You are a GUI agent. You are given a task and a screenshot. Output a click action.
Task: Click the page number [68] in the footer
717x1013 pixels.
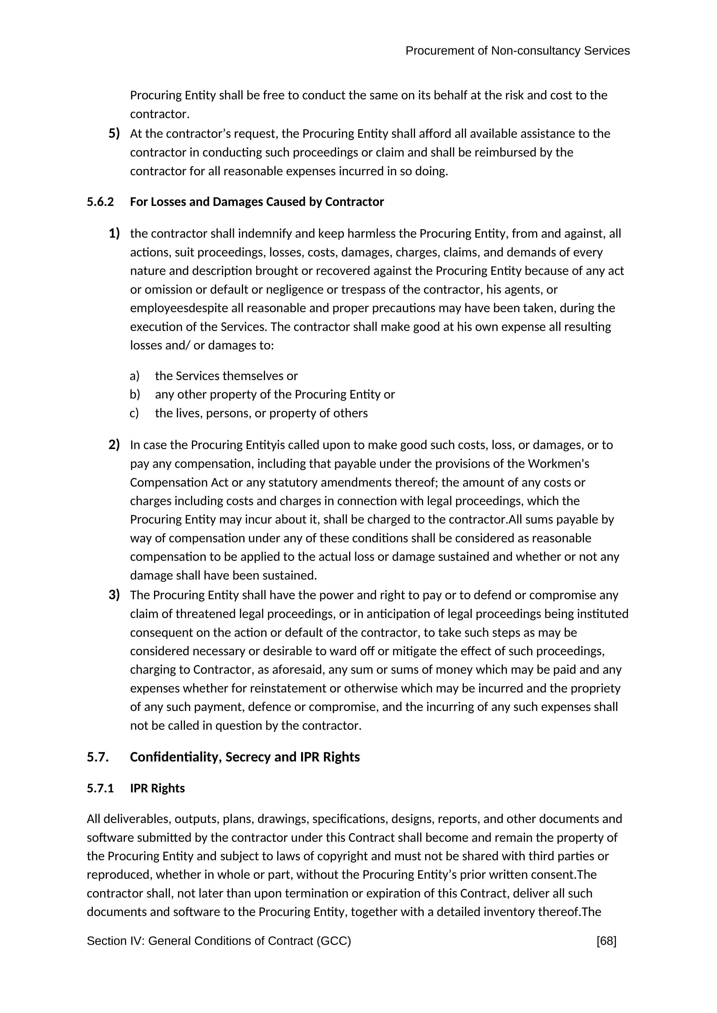coord(606,941)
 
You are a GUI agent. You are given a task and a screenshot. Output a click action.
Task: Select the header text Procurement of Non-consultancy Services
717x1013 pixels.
coord(517,51)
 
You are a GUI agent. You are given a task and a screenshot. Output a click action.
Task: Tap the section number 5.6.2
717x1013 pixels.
coord(100,202)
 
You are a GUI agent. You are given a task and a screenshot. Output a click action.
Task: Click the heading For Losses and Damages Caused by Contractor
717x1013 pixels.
coord(257,202)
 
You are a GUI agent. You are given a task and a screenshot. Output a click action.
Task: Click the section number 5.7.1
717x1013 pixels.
coord(100,788)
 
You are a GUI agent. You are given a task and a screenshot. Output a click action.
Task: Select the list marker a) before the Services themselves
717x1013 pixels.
coord(135,376)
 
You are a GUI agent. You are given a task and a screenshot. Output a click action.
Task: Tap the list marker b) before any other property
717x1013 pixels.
coord(135,394)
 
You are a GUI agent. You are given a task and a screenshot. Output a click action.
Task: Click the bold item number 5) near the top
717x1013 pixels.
coord(114,133)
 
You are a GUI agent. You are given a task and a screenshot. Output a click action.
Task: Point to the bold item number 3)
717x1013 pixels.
coord(114,595)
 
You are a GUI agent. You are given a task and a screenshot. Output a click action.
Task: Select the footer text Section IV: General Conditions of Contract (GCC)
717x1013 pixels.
coord(218,941)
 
